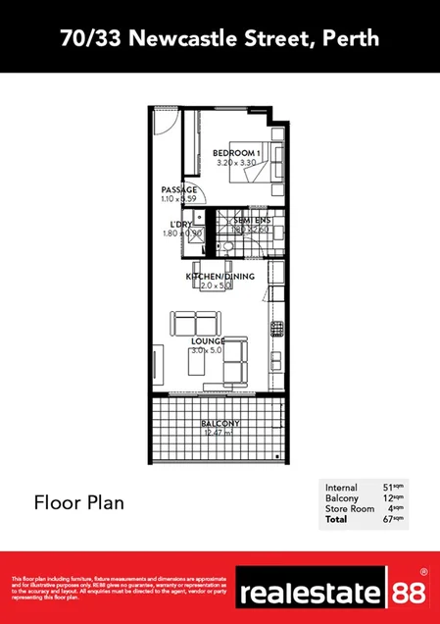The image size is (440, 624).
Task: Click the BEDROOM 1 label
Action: pyautogui.click(x=236, y=153)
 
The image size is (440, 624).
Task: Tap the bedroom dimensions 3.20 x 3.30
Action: pyautogui.click(x=236, y=163)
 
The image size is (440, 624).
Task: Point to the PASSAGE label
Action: pyautogui.click(x=178, y=189)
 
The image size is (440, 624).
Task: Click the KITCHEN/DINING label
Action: pyautogui.click(x=220, y=277)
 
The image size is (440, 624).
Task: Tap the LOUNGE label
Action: pyautogui.click(x=209, y=340)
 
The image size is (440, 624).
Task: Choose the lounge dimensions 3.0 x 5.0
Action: pyautogui.click(x=209, y=350)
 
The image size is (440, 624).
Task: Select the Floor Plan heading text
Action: pyautogui.click(x=78, y=503)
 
